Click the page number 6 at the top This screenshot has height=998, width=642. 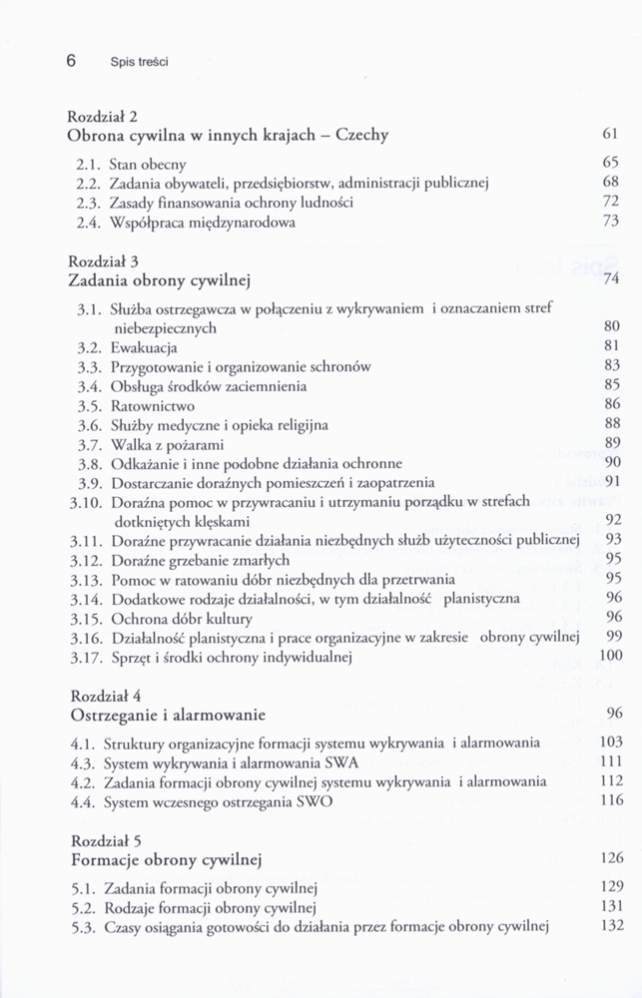tap(72, 60)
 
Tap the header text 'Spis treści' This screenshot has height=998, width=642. tap(140, 62)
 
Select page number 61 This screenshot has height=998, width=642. tap(612, 134)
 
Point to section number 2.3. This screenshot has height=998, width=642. tap(90, 203)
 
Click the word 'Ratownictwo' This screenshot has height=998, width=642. tap(152, 406)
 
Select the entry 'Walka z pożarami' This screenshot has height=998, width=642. tap(167, 444)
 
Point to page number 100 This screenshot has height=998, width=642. tap(610, 656)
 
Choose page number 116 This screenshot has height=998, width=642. tap(610, 801)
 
